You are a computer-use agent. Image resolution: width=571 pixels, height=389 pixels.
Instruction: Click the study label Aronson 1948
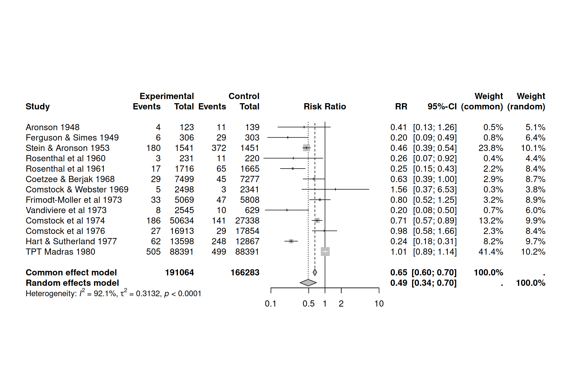[x=52, y=127]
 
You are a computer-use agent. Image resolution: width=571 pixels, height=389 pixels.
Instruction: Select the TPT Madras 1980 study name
[x=60, y=252]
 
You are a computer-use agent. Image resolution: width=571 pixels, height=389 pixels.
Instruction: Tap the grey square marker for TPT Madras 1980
[x=325, y=251]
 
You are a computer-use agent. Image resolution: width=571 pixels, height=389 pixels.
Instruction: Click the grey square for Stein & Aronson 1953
[x=306, y=148]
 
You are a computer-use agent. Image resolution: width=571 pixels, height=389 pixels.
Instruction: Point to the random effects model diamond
[x=308, y=283]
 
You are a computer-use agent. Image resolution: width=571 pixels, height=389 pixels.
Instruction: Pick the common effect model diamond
[x=315, y=272]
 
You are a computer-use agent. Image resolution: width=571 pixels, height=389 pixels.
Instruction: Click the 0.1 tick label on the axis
[x=270, y=304]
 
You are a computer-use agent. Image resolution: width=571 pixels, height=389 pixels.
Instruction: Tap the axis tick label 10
[x=379, y=304]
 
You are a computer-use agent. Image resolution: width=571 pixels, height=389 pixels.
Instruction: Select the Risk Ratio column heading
[x=325, y=106]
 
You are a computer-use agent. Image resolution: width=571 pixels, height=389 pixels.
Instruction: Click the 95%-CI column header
[x=442, y=106]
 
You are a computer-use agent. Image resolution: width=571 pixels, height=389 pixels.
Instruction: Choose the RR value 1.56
[x=399, y=190]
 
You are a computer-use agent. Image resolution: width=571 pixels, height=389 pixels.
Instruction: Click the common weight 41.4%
[x=491, y=252]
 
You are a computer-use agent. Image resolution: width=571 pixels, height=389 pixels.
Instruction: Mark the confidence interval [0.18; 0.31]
[x=435, y=242]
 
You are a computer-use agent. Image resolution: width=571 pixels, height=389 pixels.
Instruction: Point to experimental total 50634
[x=182, y=221]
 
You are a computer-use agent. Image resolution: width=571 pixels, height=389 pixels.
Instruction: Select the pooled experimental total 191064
[x=179, y=273]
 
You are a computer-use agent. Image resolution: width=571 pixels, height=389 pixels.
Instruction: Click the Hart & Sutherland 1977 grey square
[x=291, y=241]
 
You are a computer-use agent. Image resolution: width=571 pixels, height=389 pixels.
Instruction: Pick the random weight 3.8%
[x=535, y=190]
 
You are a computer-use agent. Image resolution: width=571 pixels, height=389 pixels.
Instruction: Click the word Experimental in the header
[x=167, y=96]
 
